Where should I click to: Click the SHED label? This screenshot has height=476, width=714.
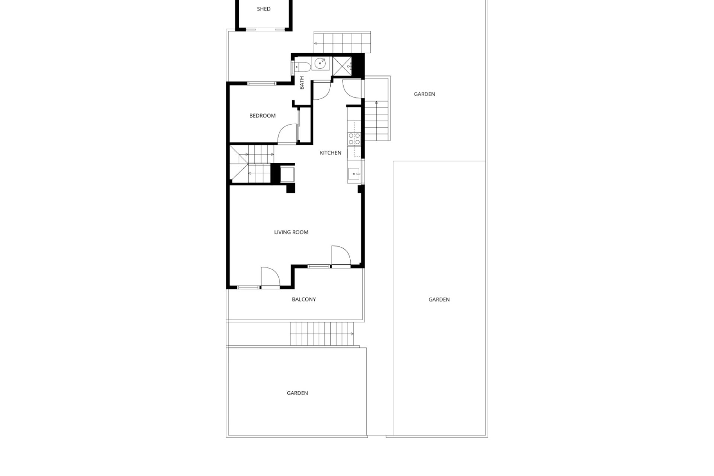click(x=264, y=9)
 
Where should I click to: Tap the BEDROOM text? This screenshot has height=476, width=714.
click(x=263, y=116)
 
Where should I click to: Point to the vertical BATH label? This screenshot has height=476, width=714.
click(x=302, y=83)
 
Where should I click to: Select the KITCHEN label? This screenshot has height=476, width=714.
click(x=331, y=153)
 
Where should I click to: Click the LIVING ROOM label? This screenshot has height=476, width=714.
click(x=291, y=232)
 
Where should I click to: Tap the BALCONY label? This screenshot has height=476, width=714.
click(x=304, y=299)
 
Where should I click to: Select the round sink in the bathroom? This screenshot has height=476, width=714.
click(x=321, y=64)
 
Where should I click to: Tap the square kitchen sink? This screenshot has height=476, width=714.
click(x=354, y=173)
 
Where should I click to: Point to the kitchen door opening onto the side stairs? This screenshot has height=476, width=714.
click(x=351, y=89)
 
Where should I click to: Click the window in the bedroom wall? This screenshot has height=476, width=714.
click(x=263, y=83)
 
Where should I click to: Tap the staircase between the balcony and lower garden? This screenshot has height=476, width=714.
click(x=322, y=334)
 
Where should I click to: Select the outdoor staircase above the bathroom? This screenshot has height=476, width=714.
click(x=342, y=42)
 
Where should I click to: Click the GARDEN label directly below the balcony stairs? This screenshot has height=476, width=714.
click(x=297, y=393)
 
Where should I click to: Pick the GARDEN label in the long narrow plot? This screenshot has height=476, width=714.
click(x=439, y=299)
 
